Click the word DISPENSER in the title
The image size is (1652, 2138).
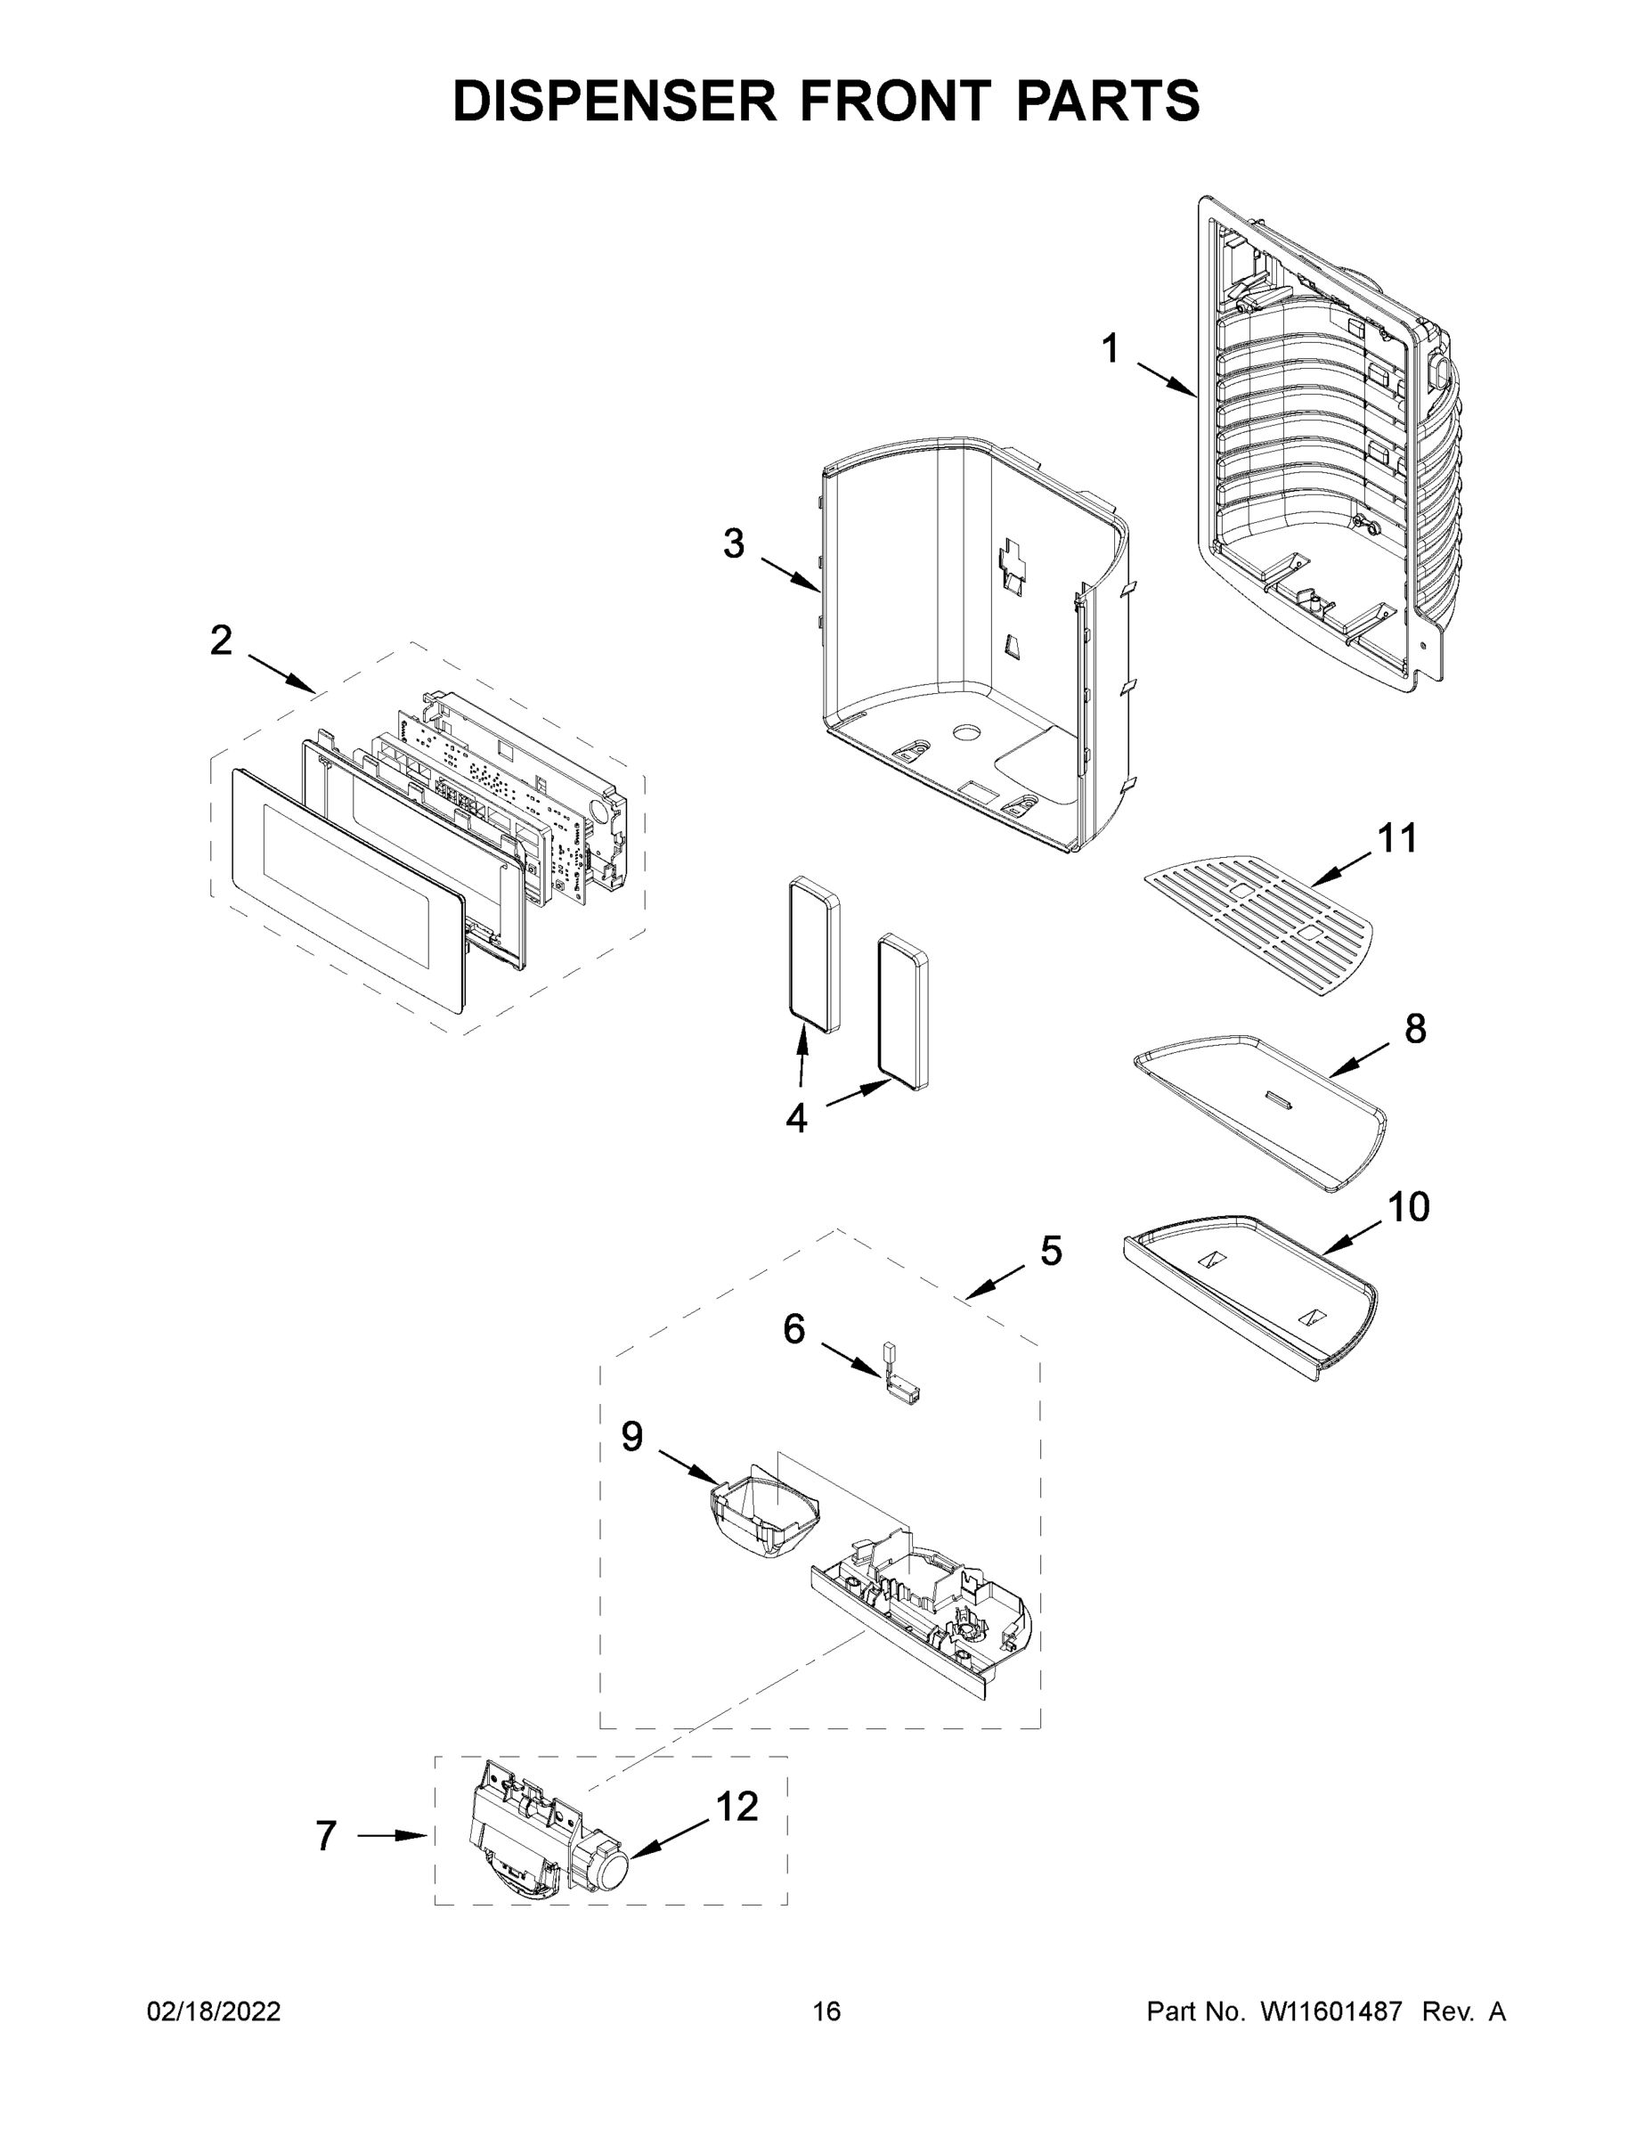tap(614, 101)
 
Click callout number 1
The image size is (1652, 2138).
tap(1110, 349)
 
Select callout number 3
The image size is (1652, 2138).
tap(734, 543)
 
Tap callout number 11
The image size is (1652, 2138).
tap(1397, 838)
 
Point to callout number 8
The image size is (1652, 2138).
tap(1415, 1029)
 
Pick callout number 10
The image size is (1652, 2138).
tap(1408, 1208)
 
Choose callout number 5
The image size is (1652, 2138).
tap(1051, 1250)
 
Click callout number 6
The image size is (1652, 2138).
tap(793, 1329)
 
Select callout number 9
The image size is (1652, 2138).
tap(632, 1436)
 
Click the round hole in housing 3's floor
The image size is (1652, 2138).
tap(968, 732)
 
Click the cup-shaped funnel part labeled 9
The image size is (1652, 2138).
tap(764, 1518)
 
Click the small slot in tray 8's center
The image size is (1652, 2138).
tap(1279, 1100)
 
